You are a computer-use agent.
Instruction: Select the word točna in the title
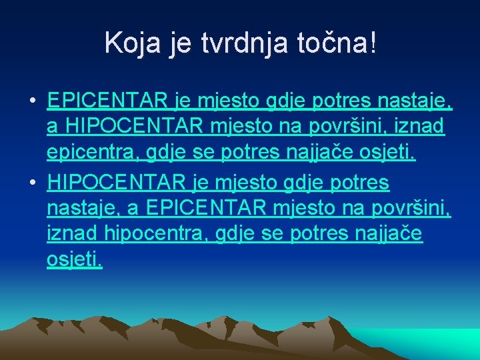(330, 43)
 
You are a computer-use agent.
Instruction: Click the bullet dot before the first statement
(32, 101)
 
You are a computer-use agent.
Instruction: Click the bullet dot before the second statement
(32, 182)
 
